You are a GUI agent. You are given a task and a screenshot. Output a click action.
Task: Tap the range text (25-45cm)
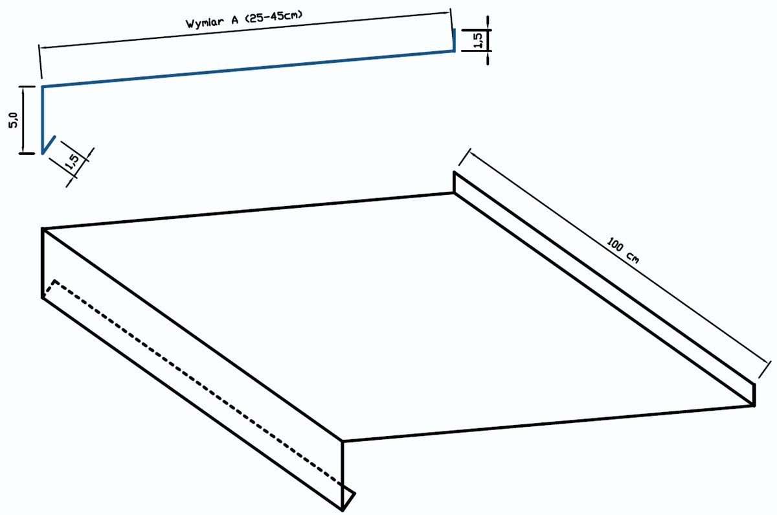274,16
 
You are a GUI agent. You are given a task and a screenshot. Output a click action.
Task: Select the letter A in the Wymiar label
235,20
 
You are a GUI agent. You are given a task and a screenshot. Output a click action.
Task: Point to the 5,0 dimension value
13,120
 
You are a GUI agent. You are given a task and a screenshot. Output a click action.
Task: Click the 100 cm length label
623,250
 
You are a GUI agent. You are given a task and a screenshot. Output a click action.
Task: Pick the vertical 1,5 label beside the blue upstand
478,40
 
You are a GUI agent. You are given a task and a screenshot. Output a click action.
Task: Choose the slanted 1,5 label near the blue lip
73,162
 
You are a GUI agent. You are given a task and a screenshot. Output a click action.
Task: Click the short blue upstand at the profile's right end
454,40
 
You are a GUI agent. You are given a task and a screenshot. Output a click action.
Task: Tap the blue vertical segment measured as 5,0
42,120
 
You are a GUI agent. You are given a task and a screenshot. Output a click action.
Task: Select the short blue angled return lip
49,144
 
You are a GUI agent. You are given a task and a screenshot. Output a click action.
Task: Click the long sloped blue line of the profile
248,69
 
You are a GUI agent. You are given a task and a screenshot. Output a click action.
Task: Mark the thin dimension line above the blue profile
245,29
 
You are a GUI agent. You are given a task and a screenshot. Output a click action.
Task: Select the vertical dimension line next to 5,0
23,120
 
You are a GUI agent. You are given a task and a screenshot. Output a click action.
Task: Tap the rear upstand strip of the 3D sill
604,288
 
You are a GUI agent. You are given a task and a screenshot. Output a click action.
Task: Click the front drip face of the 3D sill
192,369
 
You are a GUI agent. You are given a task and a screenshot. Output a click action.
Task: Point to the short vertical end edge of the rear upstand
754,395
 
